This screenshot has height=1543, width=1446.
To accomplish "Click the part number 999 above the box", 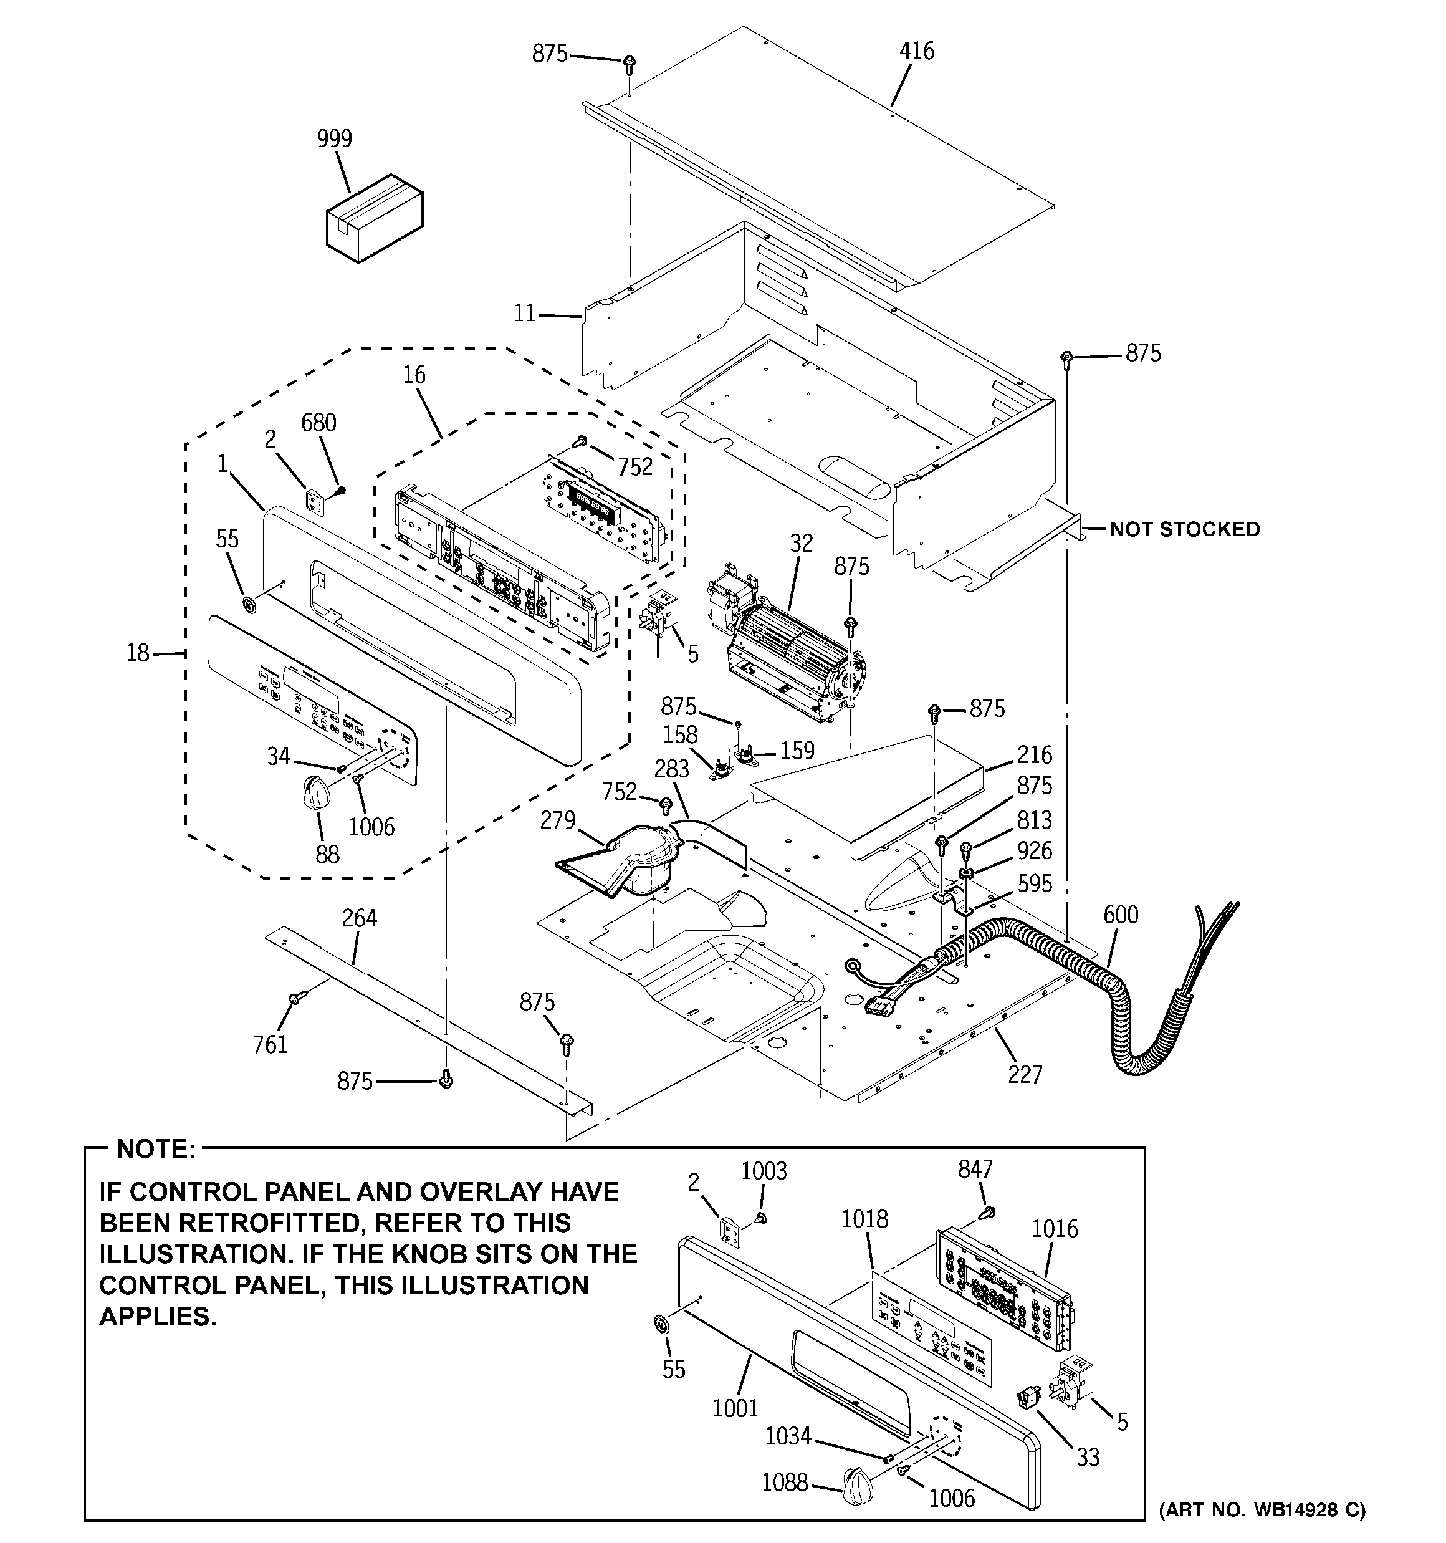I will tap(335, 139).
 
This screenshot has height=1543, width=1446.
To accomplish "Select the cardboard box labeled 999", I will tap(374, 219).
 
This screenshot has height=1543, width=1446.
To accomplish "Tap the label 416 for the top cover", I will tap(917, 52).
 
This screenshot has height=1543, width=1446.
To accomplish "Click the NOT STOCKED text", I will tap(1184, 529).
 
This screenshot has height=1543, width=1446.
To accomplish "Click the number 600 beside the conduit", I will tap(1121, 915).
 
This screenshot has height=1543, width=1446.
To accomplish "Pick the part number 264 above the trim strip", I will tap(360, 918).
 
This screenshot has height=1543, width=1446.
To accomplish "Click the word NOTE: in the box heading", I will tap(156, 1150).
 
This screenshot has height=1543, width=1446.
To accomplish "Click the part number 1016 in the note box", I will tap(1055, 1229).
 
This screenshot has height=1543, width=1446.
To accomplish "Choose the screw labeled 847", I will tap(987, 1213).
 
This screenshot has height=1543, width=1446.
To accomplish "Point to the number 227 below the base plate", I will tap(1025, 1074).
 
